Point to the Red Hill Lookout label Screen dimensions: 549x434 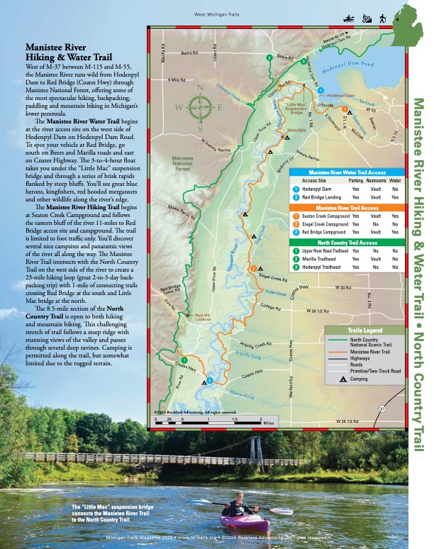pyautogui.click(x=203, y=318)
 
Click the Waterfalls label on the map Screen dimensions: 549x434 pyautogui.click(x=296, y=130)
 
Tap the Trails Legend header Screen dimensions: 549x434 pyautogui.click(x=365, y=331)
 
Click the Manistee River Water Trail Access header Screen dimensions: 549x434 pyautogui.click(x=347, y=172)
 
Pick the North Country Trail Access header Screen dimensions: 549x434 pyautogui.click(x=347, y=242)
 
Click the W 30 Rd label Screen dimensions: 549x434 pyautogui.click(x=343, y=288)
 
